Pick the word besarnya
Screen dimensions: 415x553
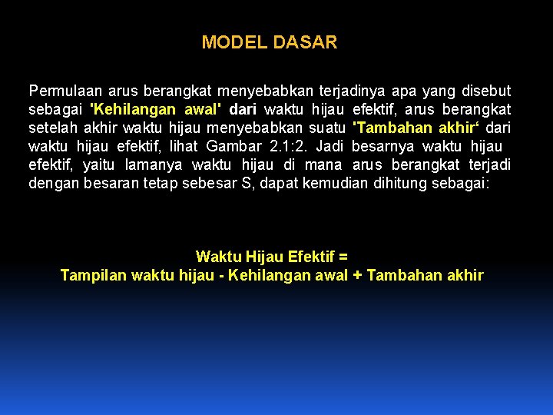pyautogui.click(x=383, y=146)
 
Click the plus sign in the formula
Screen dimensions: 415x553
pyautogui.click(x=357, y=275)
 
